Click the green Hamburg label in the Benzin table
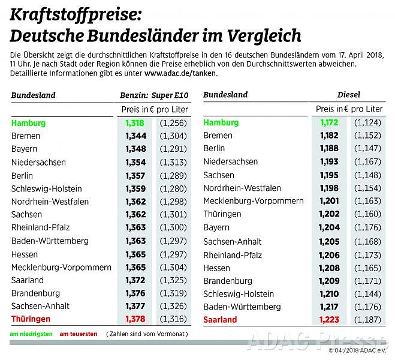point(28,123)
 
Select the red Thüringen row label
point(31,319)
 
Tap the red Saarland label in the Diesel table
point(220,320)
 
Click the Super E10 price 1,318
point(135,123)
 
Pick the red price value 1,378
point(135,319)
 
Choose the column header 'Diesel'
point(349,95)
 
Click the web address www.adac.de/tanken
point(180,73)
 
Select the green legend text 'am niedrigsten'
point(30,334)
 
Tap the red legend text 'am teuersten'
point(78,334)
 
